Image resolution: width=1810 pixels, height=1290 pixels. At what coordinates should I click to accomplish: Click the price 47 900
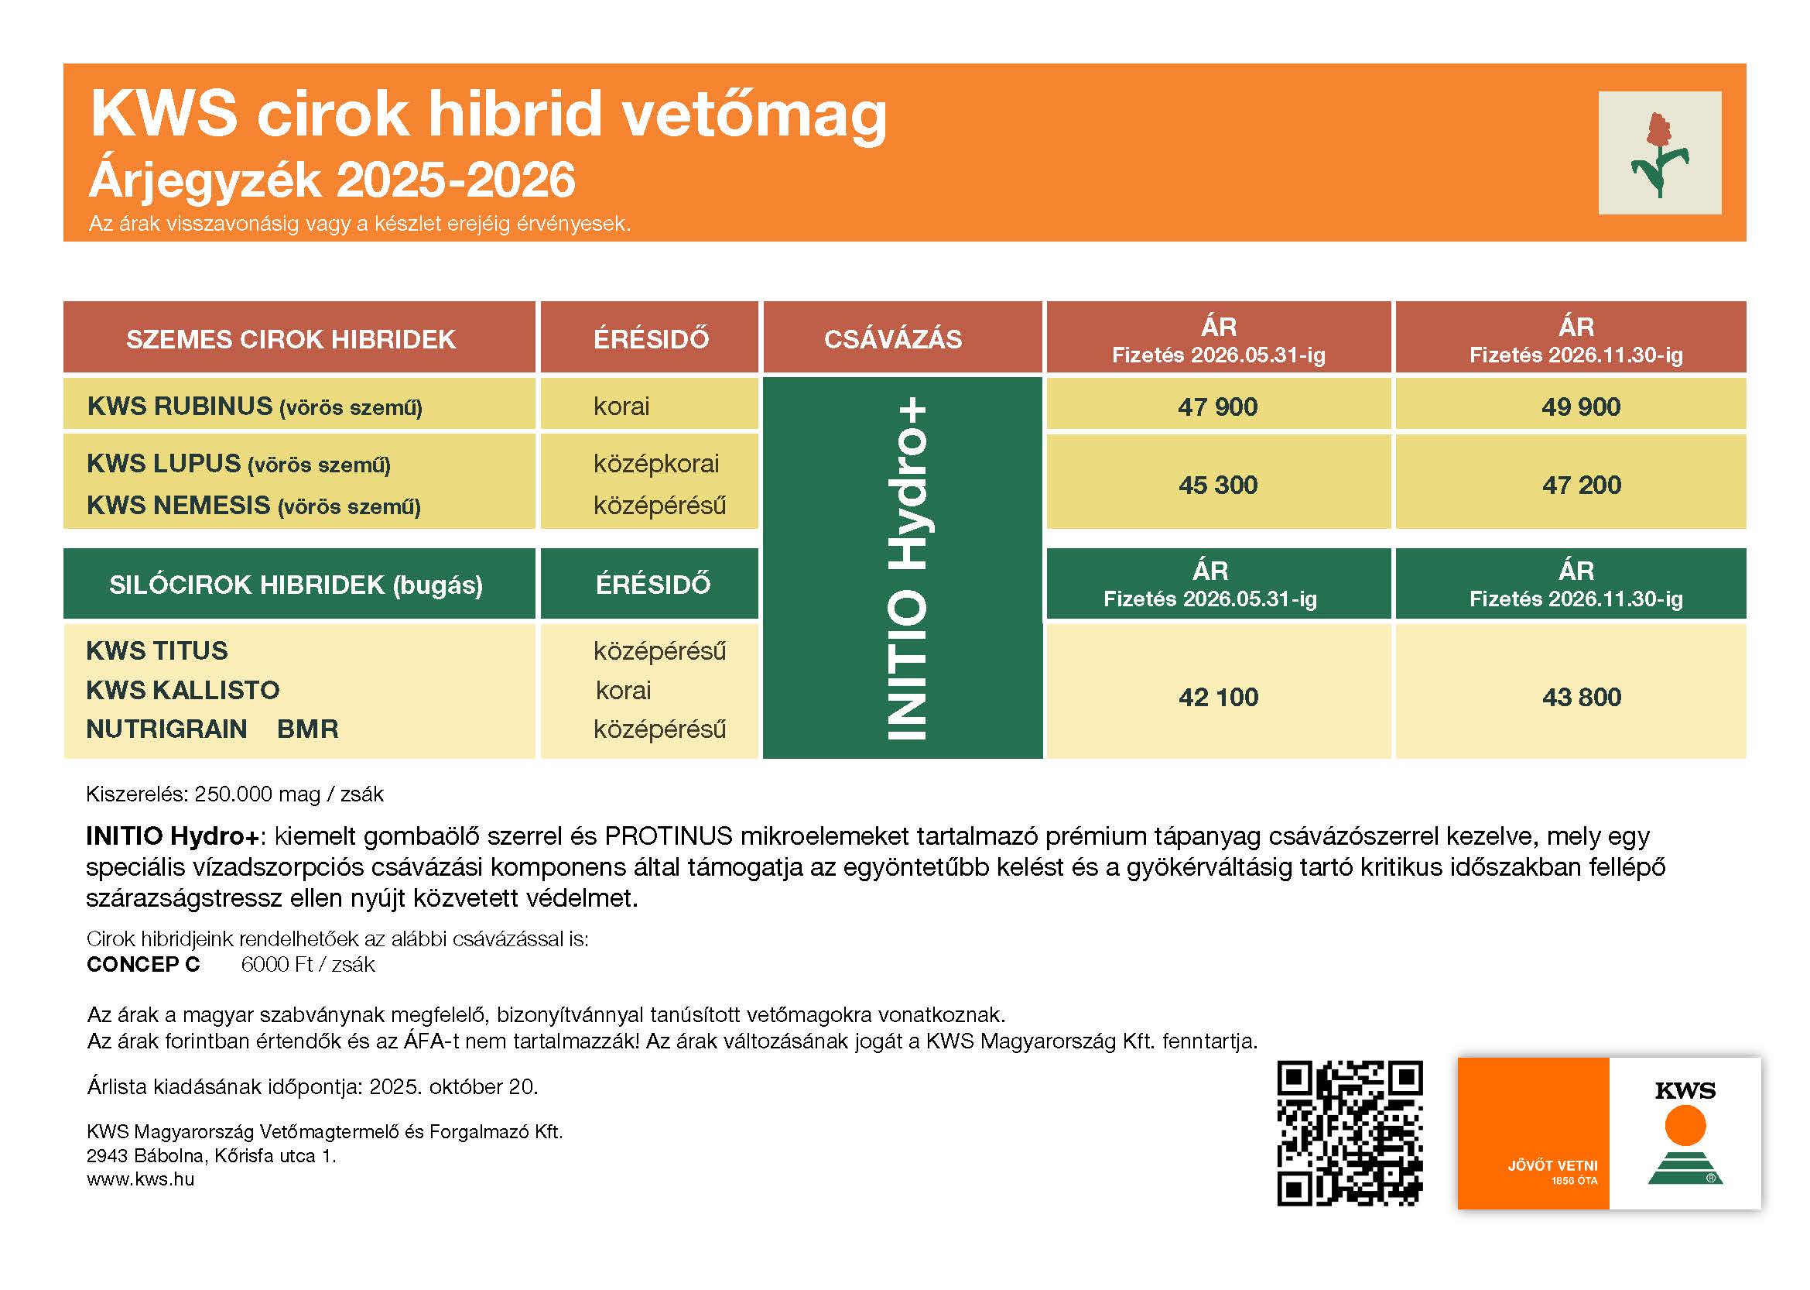[1217, 407]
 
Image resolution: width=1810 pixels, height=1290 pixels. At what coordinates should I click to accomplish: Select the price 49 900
[1581, 407]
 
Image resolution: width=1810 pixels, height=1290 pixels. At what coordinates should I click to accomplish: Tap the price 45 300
[1218, 485]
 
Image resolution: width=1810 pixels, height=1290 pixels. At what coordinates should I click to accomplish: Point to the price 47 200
[1582, 485]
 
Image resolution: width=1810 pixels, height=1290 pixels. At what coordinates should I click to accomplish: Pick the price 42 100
[1218, 698]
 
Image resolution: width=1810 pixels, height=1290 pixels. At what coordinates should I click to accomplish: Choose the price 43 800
[1582, 698]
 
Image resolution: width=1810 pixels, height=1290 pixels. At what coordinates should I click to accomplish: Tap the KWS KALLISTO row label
[183, 690]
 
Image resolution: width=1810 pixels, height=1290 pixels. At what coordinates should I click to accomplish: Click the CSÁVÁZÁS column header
[892, 339]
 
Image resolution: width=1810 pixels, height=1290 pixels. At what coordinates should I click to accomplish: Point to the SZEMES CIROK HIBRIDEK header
[290, 339]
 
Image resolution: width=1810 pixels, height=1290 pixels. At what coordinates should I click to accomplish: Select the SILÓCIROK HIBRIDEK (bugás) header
[296, 585]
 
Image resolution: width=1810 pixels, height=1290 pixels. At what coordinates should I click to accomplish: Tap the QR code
[1349, 1134]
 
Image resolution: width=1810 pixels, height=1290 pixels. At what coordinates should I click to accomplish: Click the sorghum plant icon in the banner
[1659, 153]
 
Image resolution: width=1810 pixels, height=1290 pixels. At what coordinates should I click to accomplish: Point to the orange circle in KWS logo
[1685, 1127]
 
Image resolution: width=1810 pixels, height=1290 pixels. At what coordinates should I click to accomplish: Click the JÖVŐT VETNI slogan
[1552, 1165]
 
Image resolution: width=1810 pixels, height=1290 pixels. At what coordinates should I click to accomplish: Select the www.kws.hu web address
[141, 1179]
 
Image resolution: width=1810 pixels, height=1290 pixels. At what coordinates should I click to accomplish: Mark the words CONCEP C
[144, 964]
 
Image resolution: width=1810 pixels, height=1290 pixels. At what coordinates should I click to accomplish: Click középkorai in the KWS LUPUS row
[655, 464]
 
